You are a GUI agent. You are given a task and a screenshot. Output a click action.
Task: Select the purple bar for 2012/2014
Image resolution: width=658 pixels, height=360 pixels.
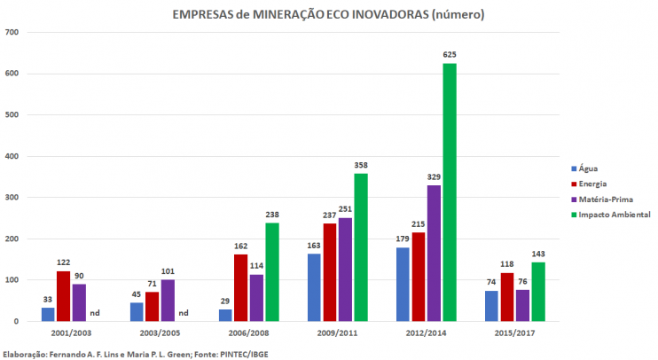434,253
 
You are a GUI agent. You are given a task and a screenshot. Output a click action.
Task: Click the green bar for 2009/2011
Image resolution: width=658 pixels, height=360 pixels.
360,247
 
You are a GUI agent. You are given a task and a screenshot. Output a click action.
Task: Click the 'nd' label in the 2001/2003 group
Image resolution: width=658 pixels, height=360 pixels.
96,313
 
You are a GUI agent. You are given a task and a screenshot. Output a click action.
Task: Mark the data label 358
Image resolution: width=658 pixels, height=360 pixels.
360,165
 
